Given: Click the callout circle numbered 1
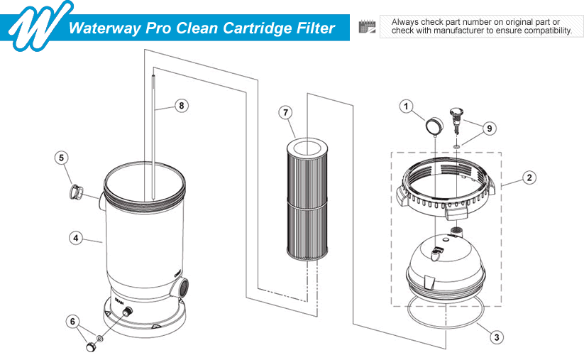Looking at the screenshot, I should pyautogui.click(x=407, y=107).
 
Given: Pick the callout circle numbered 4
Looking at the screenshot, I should pyautogui.click(x=75, y=239).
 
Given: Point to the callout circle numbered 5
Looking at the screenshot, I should pyautogui.click(x=62, y=156).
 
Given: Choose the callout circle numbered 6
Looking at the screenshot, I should pyautogui.click(x=72, y=321).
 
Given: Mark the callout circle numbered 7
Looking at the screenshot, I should pyautogui.click(x=285, y=112).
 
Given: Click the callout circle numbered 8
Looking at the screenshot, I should pyautogui.click(x=182, y=106).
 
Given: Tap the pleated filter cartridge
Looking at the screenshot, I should pyautogui.click(x=305, y=199).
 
